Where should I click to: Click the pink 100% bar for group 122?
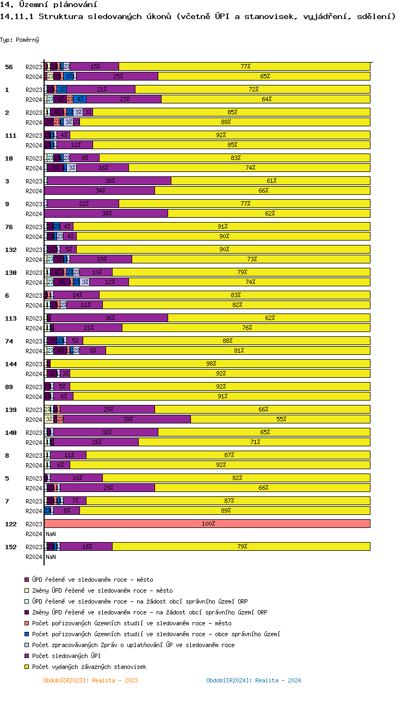(x=207, y=524)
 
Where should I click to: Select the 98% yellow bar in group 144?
(x=211, y=364)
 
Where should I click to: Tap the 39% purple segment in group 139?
(x=127, y=419)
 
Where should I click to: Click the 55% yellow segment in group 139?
(x=281, y=419)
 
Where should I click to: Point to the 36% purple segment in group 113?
(x=109, y=318)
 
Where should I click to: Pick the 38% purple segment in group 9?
(x=106, y=213)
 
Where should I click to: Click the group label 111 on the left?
(x=9, y=136)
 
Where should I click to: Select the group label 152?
(x=10, y=547)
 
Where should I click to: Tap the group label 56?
(x=9, y=67)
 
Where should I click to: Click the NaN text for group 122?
(x=51, y=534)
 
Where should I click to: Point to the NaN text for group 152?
(x=51, y=557)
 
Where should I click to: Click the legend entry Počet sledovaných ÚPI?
(x=66, y=656)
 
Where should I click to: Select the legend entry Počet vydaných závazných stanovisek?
(x=89, y=667)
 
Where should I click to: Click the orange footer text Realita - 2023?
(x=90, y=680)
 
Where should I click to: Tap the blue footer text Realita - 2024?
(x=254, y=680)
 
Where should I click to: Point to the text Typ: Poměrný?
(x=20, y=40)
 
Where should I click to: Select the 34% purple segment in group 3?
(x=100, y=190)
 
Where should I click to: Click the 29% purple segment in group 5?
(x=108, y=488)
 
